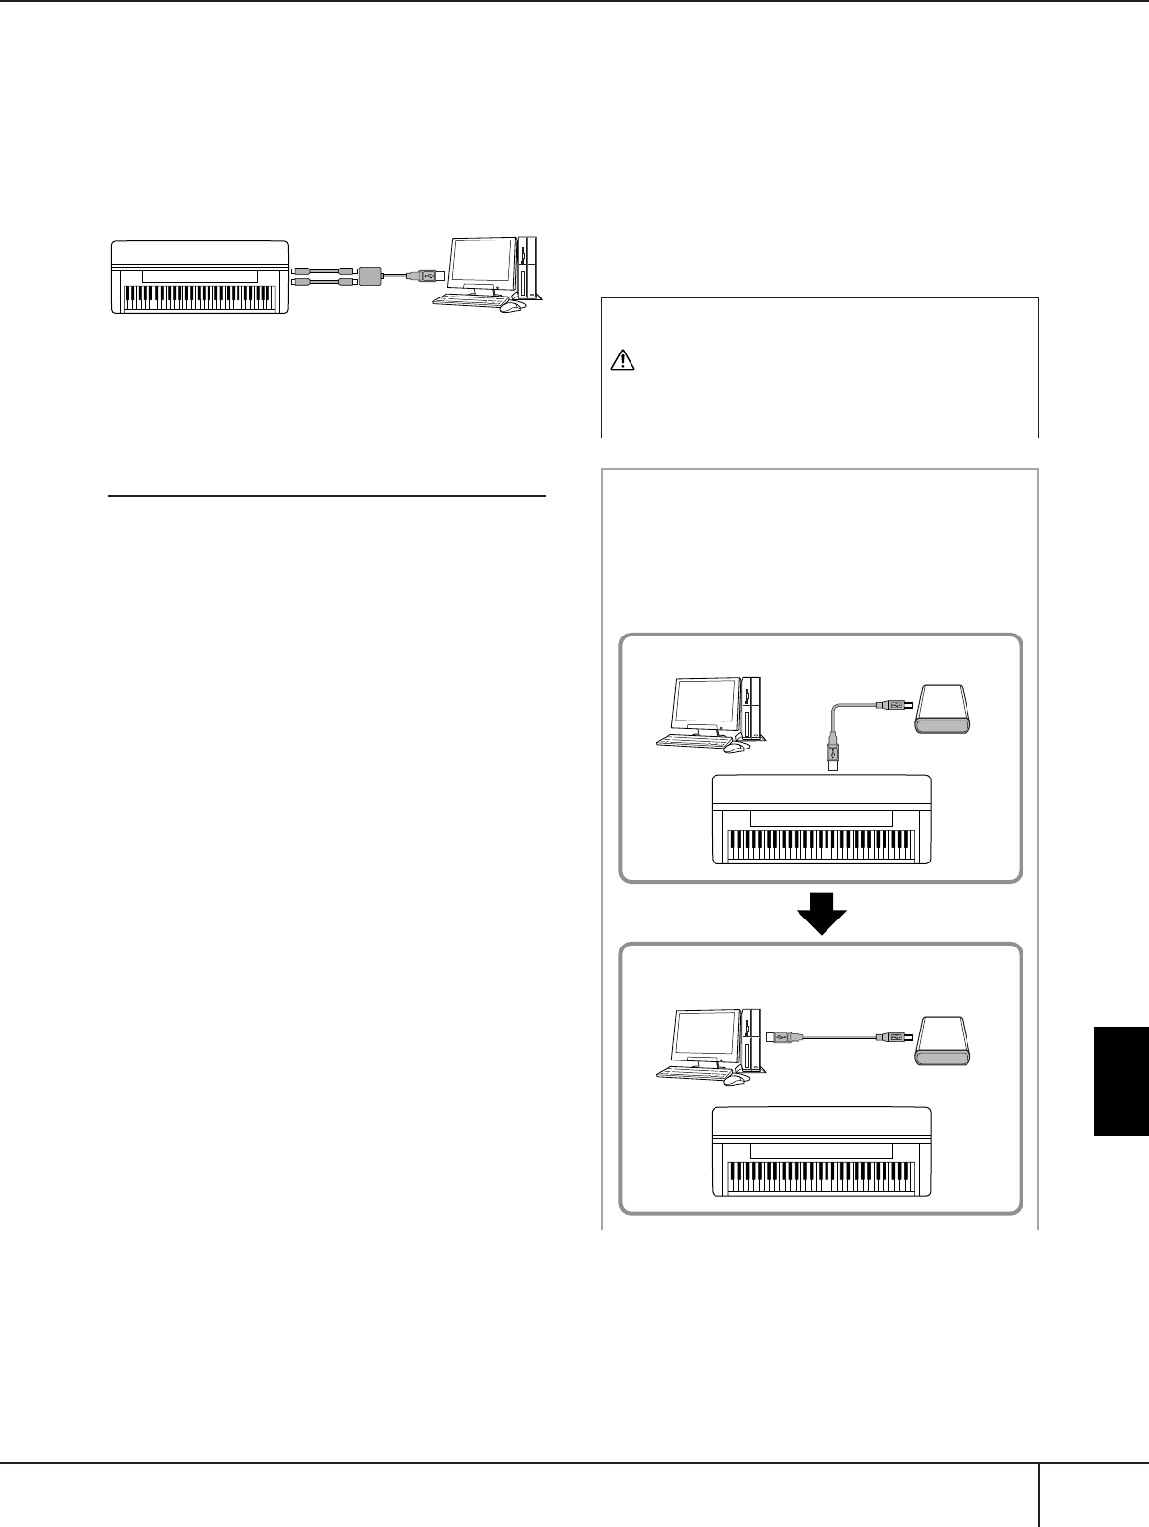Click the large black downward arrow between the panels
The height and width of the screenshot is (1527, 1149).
coord(820,912)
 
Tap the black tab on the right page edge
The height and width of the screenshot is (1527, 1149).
coord(1120,1081)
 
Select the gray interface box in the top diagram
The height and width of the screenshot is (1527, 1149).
coord(372,274)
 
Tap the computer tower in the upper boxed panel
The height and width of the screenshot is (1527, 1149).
coord(753,708)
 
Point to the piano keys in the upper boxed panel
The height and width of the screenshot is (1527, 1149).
coord(821,844)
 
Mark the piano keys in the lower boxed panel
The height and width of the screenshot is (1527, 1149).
coord(821,1175)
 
